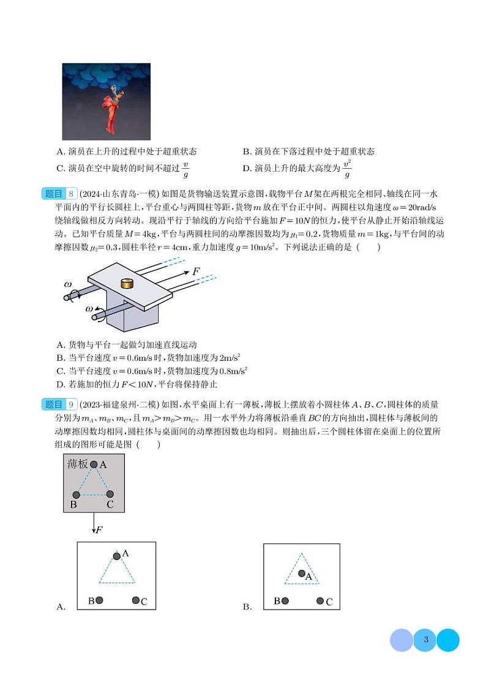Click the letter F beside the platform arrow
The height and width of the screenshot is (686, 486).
point(196,271)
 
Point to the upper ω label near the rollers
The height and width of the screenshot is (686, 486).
point(68,284)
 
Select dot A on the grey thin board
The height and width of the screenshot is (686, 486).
point(94,465)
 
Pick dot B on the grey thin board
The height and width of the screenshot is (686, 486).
point(77,495)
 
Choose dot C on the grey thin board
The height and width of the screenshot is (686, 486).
point(110,494)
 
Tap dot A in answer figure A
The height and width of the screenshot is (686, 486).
point(116,556)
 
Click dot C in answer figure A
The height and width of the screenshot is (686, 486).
point(136,600)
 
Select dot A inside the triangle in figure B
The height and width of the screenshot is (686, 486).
point(301,574)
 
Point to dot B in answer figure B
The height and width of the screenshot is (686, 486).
point(285,601)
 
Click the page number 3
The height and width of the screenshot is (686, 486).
point(425,640)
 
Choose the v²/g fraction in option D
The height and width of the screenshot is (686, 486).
point(347,169)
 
